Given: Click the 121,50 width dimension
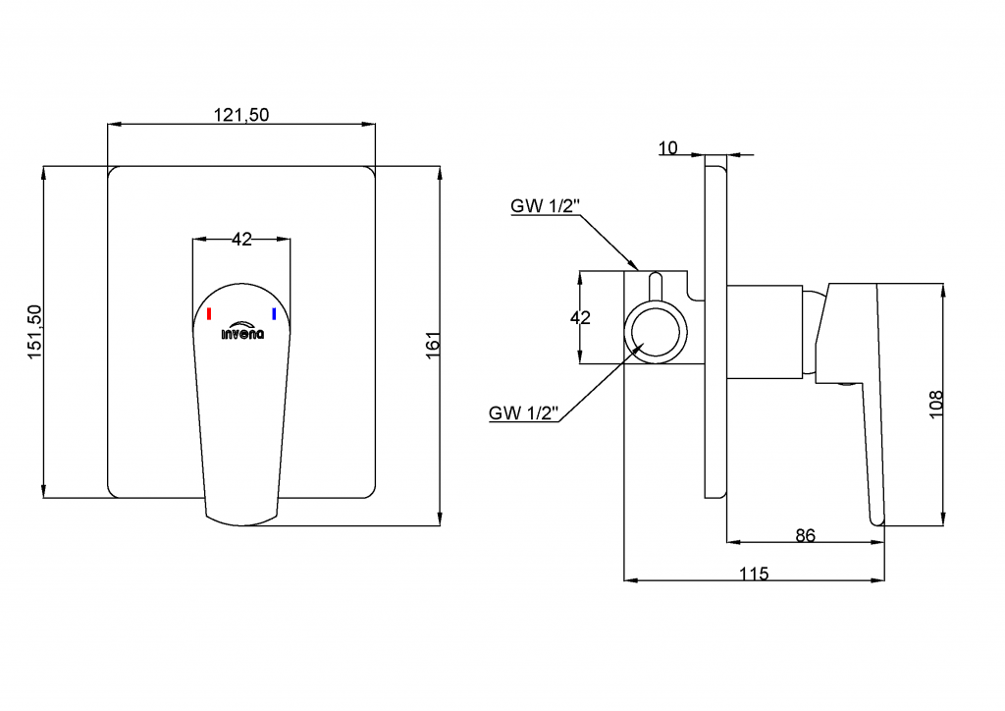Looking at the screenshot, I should coord(241,115).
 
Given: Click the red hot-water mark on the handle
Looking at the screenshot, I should coord(209,314).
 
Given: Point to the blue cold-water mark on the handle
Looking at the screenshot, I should coord(274,314).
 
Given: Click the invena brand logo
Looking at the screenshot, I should coord(241,331).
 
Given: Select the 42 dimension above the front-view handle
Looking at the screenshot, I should coord(241,239).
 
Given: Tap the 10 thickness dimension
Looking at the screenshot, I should coord(667,148).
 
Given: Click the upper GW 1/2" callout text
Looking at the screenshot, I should coord(546,207).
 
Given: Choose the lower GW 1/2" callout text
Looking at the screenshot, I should coord(524,413).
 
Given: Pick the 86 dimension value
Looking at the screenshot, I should coord(805,535).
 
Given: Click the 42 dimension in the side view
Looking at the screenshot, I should coord(580,317).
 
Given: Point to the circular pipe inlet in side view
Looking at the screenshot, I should coord(655,330).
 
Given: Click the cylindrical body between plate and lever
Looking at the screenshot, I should coord(765,330).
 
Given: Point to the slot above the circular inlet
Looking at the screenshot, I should coord(656,286).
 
